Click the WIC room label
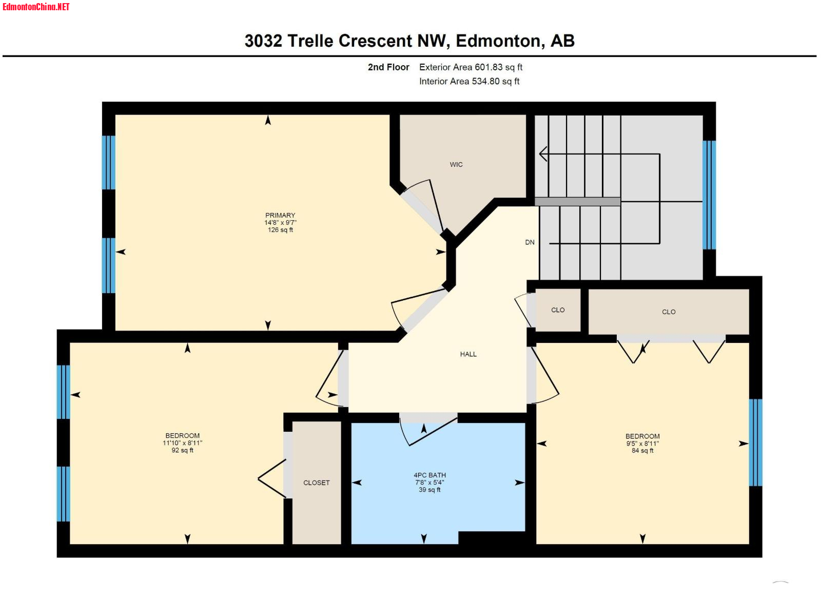tap(456, 165)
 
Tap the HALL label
tap(468, 354)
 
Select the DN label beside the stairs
tap(530, 242)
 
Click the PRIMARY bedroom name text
tap(280, 216)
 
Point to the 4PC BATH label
tap(430, 475)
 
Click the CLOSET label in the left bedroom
tap(317, 483)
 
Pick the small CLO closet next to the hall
tap(558, 310)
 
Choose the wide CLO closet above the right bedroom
tap(669, 312)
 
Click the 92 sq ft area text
tap(183, 450)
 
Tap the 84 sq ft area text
tap(642, 451)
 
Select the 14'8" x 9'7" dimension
tap(280, 223)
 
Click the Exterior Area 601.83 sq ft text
tap(471, 67)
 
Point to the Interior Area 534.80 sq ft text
tap(469, 81)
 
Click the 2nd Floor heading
tap(388, 67)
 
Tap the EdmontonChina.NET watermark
tap(36, 7)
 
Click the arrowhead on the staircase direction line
tap(543, 153)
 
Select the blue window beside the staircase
tap(709, 195)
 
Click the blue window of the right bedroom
tap(755, 442)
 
